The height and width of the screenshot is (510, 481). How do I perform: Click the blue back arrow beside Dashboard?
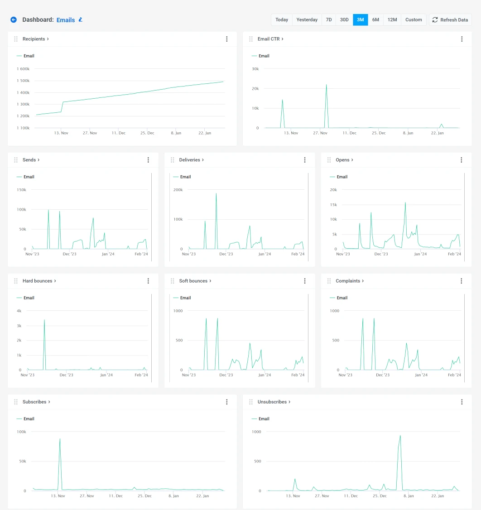click(14, 20)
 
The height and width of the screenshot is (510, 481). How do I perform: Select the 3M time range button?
click(360, 20)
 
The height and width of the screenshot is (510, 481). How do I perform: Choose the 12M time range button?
click(392, 20)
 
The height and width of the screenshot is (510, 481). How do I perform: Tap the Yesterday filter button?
click(307, 20)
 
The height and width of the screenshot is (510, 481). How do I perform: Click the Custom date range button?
click(414, 20)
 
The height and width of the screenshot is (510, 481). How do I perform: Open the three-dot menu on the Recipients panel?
click(227, 39)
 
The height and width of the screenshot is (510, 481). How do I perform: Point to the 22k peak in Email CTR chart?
click(326, 85)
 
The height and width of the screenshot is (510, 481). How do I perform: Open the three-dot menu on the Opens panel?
click(461, 160)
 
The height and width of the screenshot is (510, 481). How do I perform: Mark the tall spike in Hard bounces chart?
click(44, 320)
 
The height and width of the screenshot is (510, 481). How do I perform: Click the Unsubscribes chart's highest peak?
click(400, 436)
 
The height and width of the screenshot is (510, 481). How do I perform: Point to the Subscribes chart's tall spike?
click(60, 438)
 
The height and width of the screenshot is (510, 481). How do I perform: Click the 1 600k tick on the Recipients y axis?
click(23, 69)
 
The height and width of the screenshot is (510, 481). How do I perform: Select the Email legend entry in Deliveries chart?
click(185, 177)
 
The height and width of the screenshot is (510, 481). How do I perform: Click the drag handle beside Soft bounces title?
click(173, 281)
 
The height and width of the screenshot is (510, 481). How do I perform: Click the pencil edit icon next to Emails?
click(81, 20)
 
